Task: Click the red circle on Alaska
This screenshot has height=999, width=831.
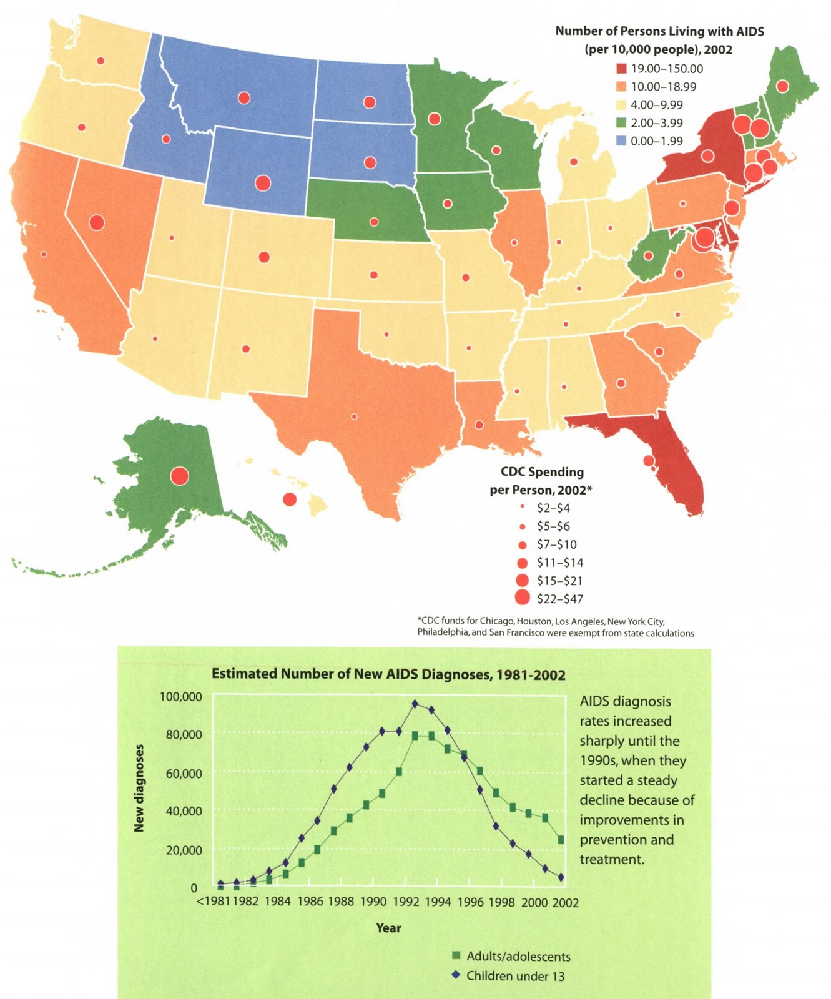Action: (179, 476)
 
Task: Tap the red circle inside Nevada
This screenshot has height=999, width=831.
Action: (96, 222)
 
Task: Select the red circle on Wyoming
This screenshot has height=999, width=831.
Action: (263, 183)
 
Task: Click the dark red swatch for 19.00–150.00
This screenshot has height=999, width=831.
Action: (620, 69)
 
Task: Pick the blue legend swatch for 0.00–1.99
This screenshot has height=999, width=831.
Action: (620, 141)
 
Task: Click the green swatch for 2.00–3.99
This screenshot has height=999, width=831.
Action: (620, 123)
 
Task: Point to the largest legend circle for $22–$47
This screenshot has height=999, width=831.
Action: (522, 598)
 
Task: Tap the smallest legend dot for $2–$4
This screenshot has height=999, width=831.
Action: (522, 508)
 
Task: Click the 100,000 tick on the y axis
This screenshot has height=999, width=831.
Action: (180, 697)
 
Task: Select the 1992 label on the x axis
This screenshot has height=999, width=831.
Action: (406, 902)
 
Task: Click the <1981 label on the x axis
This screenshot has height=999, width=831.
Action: (214, 902)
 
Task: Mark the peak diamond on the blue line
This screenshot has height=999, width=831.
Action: (415, 704)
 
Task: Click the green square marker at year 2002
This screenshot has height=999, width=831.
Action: (561, 840)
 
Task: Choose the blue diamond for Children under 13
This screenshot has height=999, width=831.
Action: (456, 975)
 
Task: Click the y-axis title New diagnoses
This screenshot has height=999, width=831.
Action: (139, 788)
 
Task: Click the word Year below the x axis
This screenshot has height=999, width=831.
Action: (388, 928)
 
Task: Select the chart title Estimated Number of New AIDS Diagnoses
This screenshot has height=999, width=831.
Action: (388, 674)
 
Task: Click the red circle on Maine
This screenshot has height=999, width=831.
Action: (782, 86)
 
